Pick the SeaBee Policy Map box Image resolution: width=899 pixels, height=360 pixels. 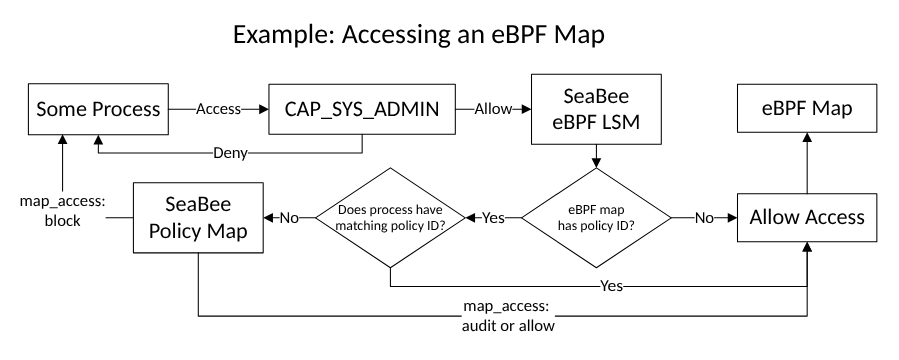pyautogui.click(x=198, y=217)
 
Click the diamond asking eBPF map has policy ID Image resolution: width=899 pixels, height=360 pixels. pyautogui.click(x=597, y=217)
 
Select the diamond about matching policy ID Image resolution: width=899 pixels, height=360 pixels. pyautogui.click(x=389, y=217)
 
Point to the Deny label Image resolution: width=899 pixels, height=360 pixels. pyautogui.click(x=229, y=155)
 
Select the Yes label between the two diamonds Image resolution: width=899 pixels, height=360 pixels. pyautogui.click(x=493, y=217)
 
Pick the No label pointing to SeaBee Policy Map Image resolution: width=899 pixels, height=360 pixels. pyautogui.click(x=285, y=217)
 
